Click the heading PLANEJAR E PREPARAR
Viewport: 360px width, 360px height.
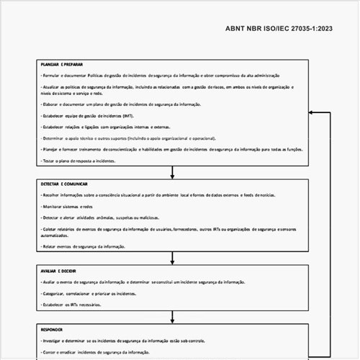click(x=63, y=64)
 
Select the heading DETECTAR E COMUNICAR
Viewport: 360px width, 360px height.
click(x=65, y=185)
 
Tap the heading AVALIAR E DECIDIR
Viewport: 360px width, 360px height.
click(x=59, y=271)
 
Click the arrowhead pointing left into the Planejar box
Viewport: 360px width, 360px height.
click(x=312, y=113)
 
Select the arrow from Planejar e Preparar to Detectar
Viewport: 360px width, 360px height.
click(x=173, y=172)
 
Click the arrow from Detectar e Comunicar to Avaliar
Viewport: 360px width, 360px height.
click(x=173, y=258)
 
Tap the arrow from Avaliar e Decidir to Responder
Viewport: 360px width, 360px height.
click(x=173, y=316)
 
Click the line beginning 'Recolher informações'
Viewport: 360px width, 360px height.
click(x=158, y=195)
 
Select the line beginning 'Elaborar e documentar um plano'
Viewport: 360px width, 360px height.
click(x=122, y=104)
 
